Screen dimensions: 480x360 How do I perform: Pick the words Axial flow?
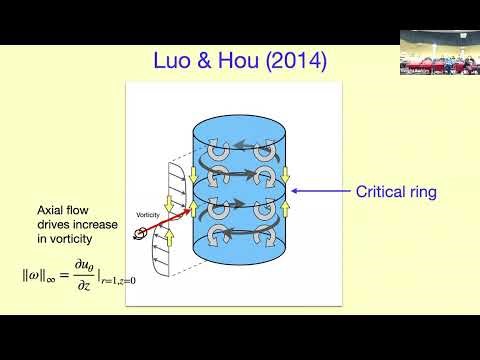(x=64, y=210)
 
